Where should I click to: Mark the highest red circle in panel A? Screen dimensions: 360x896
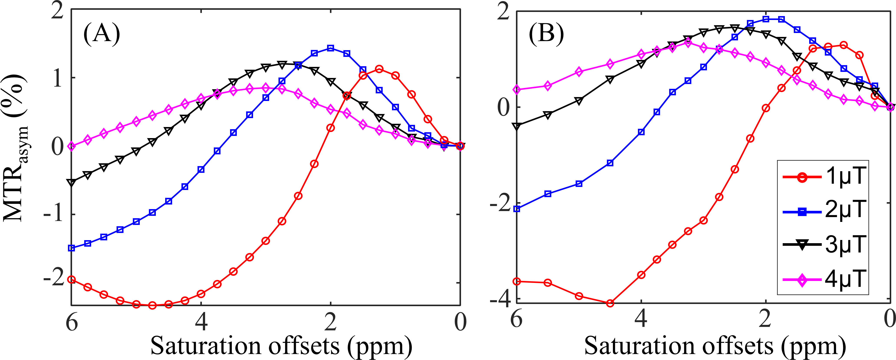click(379, 69)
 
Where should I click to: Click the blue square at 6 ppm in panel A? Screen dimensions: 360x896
click(72, 248)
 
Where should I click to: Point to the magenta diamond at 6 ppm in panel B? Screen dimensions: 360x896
click(517, 90)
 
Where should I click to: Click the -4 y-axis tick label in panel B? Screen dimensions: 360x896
click(499, 299)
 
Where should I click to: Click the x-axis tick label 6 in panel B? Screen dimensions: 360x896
click(517, 319)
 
